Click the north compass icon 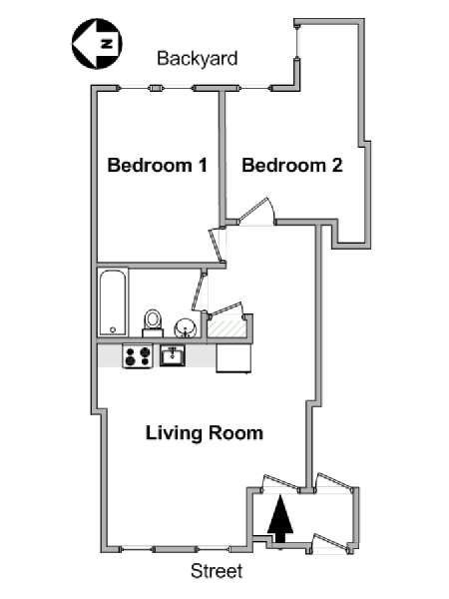point(97,44)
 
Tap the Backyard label point(197,59)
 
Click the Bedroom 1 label point(158,166)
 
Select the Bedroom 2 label point(291,166)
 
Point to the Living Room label point(205,433)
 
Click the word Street point(217,572)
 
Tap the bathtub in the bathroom point(112,301)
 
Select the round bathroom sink point(185,327)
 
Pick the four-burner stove point(137,355)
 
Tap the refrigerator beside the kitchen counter point(234,357)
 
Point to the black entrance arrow point(282,519)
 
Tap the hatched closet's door point(224,308)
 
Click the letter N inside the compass point(112,44)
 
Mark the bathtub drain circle point(113,329)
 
